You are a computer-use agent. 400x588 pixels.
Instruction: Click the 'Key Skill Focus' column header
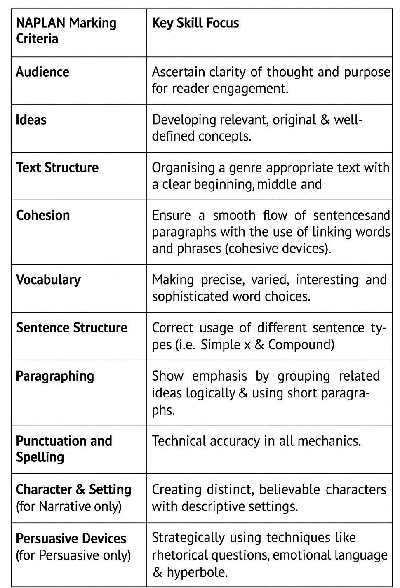pos(195,23)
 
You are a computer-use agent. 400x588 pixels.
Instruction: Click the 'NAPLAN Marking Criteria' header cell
pos(66,31)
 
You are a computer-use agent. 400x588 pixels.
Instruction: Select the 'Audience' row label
pos(42,72)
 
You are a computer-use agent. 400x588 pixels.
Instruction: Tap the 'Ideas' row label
pos(31,120)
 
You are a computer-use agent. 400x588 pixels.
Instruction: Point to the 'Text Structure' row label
pos(57,168)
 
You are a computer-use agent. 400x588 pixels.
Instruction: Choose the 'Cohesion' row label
pos(43,215)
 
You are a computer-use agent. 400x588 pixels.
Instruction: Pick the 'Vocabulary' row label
pos(48,280)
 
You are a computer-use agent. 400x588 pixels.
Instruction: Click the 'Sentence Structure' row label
pos(72,328)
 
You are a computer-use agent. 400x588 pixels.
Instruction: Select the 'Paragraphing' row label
pos(55,376)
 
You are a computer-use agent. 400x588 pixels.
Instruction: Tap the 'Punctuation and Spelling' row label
pos(64,449)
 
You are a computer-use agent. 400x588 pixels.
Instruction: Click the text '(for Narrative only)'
pos(69,506)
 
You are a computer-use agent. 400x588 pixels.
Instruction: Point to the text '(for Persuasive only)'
pos(73,555)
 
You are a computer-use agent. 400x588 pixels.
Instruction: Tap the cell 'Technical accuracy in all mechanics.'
pos(256,441)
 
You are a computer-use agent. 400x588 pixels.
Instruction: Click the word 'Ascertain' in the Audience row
pos(178,72)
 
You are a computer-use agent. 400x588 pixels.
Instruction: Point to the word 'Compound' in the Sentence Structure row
pos(301,344)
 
